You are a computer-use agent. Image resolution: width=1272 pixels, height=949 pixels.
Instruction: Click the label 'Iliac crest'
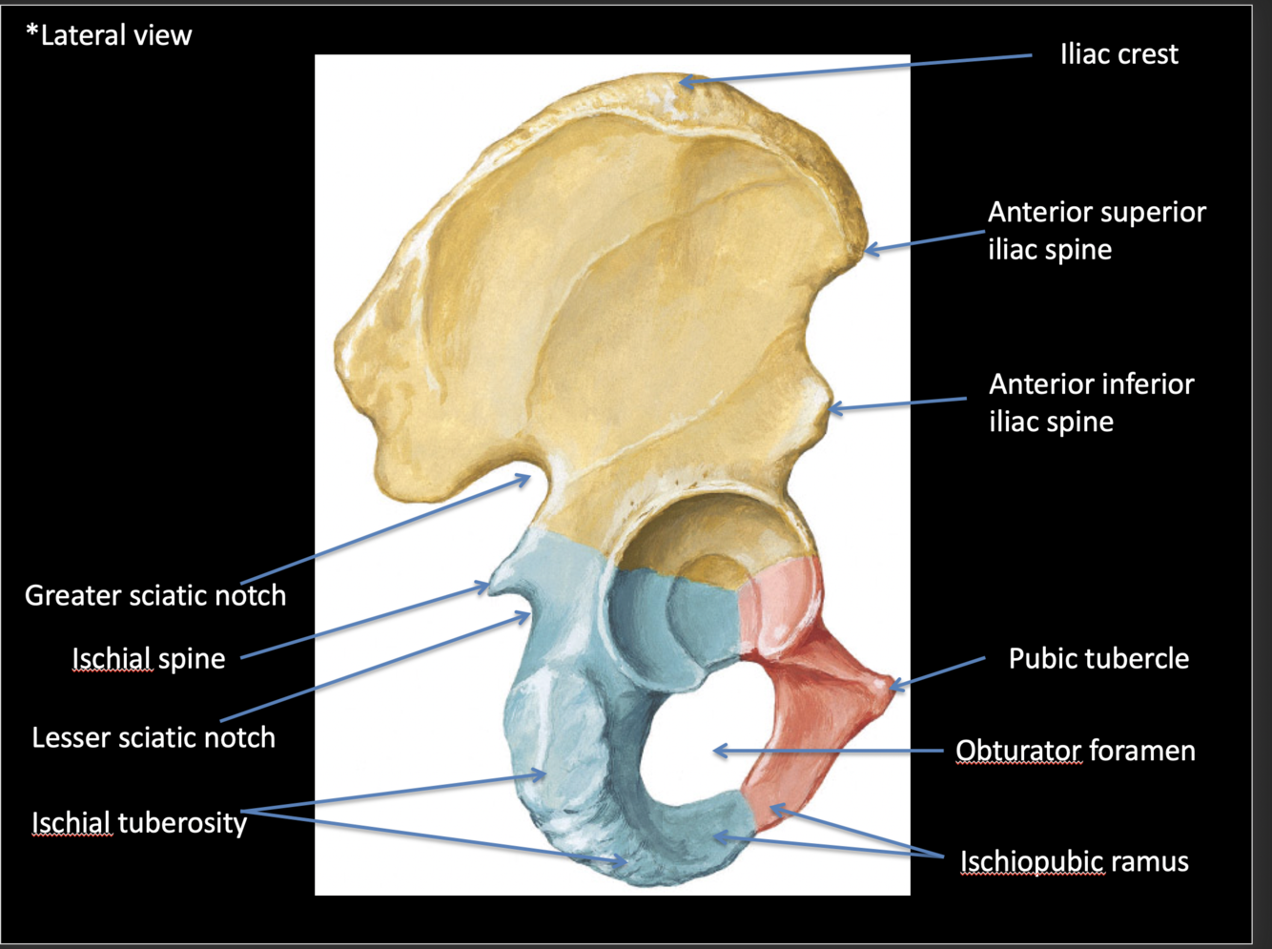[1118, 54]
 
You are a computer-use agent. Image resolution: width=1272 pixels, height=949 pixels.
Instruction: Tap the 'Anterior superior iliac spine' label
[1097, 231]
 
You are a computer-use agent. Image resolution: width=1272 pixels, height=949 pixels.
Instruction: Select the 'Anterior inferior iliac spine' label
[1091, 402]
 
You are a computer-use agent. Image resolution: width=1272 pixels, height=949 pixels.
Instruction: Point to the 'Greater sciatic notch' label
[155, 595]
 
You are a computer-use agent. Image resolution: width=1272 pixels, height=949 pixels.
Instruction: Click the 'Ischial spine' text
[149, 658]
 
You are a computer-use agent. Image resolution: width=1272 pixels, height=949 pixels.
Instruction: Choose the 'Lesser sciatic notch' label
[154, 737]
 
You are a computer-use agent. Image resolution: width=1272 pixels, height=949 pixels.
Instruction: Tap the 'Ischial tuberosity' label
[139, 822]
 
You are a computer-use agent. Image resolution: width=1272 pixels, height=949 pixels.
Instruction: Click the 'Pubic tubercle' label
[1098, 658]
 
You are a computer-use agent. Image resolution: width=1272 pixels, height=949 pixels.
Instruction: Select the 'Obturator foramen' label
[1076, 751]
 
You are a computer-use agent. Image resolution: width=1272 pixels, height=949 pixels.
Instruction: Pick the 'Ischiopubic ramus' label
[1074, 861]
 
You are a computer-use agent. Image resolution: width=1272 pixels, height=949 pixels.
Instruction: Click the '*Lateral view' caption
[109, 35]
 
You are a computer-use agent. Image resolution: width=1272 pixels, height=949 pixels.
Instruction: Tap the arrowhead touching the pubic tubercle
[893, 684]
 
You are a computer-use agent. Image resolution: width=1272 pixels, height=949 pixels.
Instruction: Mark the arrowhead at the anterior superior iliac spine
[869, 251]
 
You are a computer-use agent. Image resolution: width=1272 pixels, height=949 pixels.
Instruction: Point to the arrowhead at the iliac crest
[684, 83]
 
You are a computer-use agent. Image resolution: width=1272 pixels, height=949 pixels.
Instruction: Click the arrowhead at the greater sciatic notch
[526, 477]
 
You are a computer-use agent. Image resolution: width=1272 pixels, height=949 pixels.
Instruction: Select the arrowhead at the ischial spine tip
[485, 587]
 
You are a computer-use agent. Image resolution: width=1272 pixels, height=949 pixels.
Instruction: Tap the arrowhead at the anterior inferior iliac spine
[832, 409]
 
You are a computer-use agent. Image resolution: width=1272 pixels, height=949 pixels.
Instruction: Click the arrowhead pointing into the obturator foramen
[718, 751]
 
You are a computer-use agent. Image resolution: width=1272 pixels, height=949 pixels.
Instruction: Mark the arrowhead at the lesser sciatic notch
[525, 616]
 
